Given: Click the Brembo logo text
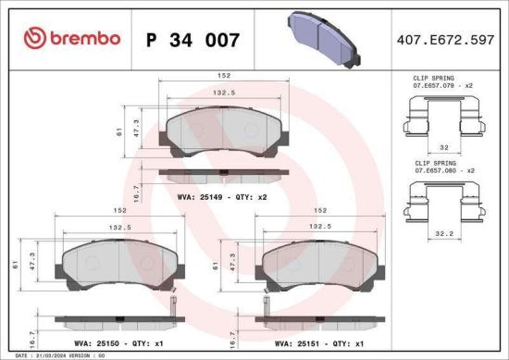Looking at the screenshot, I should [84, 38].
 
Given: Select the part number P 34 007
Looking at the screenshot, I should [193, 40].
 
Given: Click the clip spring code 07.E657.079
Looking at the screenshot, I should [439, 86].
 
